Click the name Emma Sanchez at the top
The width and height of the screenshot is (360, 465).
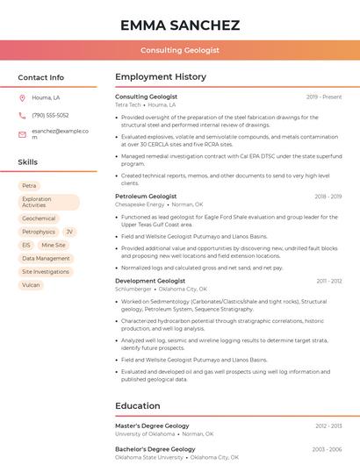click(180, 25)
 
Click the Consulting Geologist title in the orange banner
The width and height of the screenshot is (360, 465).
click(180, 51)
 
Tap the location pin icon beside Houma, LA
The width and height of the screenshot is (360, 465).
click(22, 97)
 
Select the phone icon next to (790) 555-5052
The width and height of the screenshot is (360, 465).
click(22, 115)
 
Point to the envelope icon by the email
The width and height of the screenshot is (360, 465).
click(22, 134)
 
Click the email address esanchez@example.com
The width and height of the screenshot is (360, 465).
click(60, 133)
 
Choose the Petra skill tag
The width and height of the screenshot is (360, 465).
click(30, 186)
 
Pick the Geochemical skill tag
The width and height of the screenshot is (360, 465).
click(39, 218)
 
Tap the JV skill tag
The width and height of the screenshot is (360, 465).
click(69, 232)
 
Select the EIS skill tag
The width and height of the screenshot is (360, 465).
click(26, 245)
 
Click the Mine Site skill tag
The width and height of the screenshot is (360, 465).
click(54, 245)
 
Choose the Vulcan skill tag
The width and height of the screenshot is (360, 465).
click(32, 284)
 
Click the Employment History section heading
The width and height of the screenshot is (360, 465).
click(161, 77)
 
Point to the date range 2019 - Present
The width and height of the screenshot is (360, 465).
click(324, 97)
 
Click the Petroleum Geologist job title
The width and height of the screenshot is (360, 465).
click(146, 197)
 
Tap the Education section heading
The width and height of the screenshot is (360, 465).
click(137, 406)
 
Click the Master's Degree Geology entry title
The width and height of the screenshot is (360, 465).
click(152, 426)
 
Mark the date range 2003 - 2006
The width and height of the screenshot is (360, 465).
click(326, 449)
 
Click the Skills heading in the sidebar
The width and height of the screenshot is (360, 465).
click(28, 162)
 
